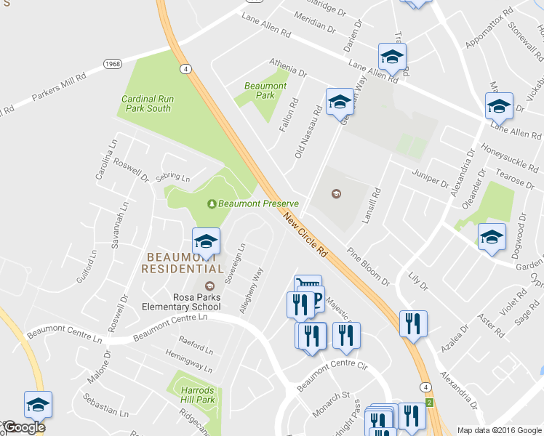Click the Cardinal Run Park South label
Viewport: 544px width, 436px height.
[x=146, y=103]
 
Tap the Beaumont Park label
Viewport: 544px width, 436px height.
[x=265, y=90]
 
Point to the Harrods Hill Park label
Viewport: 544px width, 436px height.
[x=197, y=395]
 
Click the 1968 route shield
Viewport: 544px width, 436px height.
[x=111, y=63]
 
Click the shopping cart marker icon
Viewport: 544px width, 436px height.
[x=308, y=284]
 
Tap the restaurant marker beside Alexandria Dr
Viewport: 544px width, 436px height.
[x=413, y=323]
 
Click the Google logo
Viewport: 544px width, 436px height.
[x=23, y=428]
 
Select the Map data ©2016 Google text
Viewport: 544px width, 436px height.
[x=500, y=429]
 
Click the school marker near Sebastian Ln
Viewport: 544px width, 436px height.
[x=39, y=405]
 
